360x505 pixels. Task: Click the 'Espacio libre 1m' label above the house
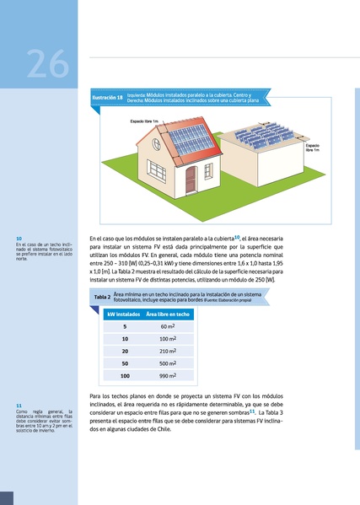click(144, 121)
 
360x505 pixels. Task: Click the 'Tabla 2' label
click(102, 297)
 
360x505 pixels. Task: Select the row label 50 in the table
click(125, 363)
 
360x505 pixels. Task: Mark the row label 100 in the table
click(125, 375)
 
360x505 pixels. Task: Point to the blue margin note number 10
click(19, 239)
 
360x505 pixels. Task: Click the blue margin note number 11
click(19, 406)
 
